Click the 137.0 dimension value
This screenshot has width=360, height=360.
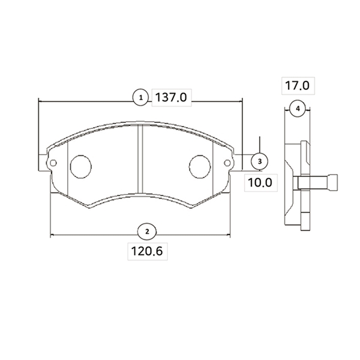171,97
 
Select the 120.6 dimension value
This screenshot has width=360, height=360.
147,251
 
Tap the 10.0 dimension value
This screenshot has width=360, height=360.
260,183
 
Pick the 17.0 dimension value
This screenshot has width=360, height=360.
298,86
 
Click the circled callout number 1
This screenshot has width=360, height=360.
141,98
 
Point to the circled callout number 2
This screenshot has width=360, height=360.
147,232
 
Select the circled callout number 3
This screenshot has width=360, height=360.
260,161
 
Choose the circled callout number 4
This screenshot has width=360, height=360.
298,109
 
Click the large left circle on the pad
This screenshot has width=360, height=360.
81,167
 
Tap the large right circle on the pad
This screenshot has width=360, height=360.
200,167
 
